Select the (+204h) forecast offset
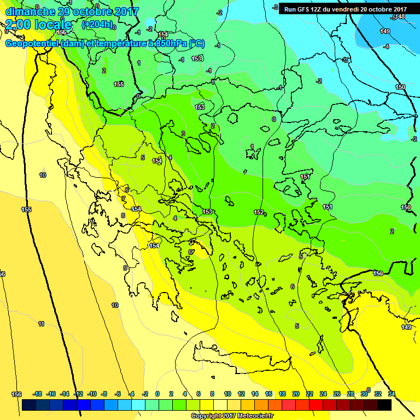[x=97, y=25]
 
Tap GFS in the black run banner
[x=305, y=9]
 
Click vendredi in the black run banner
[x=347, y=9]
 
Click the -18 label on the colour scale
[x=37, y=394]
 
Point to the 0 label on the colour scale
[x=157, y=394]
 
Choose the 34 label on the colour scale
[x=392, y=394]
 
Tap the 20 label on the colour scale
[x=296, y=394]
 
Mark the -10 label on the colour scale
[x=92, y=394]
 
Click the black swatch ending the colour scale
[x=384, y=405]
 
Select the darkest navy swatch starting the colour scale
[x=30, y=405]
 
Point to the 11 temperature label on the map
[x=42, y=324]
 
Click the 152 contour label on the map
[x=259, y=212]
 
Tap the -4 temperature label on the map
[x=386, y=46]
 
